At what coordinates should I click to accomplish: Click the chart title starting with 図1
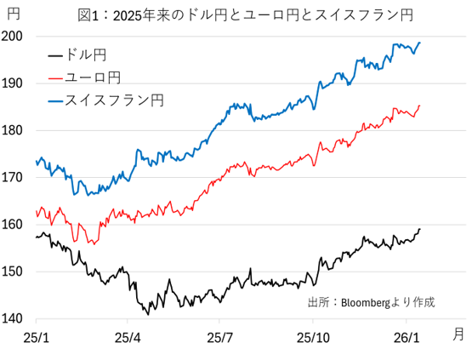(245, 14)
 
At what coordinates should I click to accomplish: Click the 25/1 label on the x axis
(35, 338)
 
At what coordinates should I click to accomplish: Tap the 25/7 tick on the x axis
(220, 338)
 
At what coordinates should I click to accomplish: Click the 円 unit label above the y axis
(14, 14)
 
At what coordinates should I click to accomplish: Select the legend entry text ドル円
(86, 56)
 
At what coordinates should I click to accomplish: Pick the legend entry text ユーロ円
(92, 78)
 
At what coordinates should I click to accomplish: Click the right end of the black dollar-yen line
(419, 229)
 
